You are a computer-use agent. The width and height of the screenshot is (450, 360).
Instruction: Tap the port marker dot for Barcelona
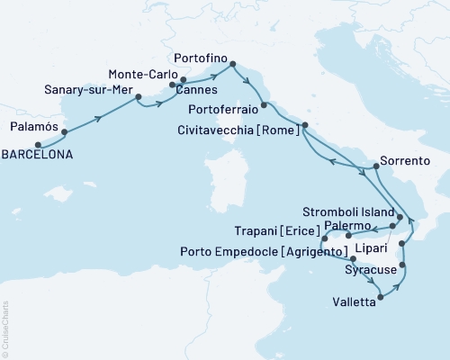pos(38,143)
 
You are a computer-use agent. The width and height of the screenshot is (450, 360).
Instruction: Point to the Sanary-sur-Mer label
pos(85,90)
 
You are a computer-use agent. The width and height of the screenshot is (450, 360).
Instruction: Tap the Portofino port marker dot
pos(233,64)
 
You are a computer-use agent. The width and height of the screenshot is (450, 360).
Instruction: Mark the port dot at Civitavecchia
pos(304,125)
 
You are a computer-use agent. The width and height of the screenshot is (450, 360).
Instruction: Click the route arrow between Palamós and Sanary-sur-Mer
pos(97,115)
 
